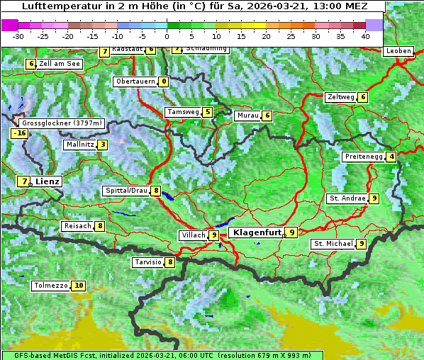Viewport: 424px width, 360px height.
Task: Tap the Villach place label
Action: click(193, 235)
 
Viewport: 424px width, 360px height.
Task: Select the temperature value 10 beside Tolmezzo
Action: click(78, 286)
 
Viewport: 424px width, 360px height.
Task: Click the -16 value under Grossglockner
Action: click(19, 133)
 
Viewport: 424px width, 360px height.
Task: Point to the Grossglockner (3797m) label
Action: click(63, 123)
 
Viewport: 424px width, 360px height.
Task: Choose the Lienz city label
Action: click(48, 181)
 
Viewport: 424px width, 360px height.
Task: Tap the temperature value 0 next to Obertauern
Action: click(164, 81)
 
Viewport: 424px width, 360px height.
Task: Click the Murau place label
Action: click(247, 116)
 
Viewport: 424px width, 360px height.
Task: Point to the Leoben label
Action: click(398, 51)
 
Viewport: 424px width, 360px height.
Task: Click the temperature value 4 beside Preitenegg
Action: click(391, 157)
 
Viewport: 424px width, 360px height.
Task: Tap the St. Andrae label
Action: click(347, 198)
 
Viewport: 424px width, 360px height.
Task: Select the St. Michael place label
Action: click(333, 244)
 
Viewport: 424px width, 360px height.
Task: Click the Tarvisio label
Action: click(148, 262)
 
